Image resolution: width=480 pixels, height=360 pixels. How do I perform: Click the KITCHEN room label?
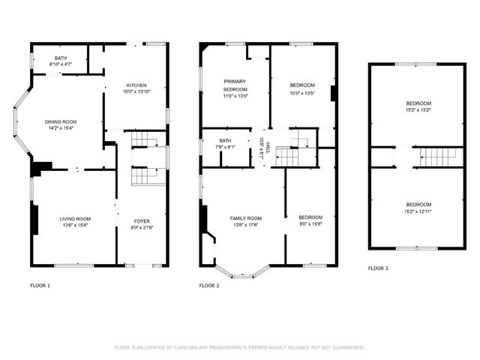(x=136, y=85)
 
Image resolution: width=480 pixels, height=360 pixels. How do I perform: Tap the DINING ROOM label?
(x=61, y=121)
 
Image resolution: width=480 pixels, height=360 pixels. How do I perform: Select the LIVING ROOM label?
(x=75, y=218)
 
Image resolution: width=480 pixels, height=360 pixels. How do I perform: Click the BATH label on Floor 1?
(x=60, y=58)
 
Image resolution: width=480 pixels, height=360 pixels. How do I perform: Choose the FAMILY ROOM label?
(x=245, y=217)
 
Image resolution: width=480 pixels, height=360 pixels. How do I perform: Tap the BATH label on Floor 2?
(x=225, y=140)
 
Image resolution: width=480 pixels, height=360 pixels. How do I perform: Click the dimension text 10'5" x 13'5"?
(x=302, y=94)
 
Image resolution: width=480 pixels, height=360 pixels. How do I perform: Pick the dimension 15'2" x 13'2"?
(x=418, y=111)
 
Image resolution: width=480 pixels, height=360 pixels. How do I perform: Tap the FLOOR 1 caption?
(x=41, y=286)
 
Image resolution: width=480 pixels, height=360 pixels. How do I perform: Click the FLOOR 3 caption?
(x=379, y=268)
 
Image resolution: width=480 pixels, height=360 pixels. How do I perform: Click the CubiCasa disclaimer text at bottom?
(x=239, y=347)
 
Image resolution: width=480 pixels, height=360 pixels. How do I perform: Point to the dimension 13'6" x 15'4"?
(x=75, y=226)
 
